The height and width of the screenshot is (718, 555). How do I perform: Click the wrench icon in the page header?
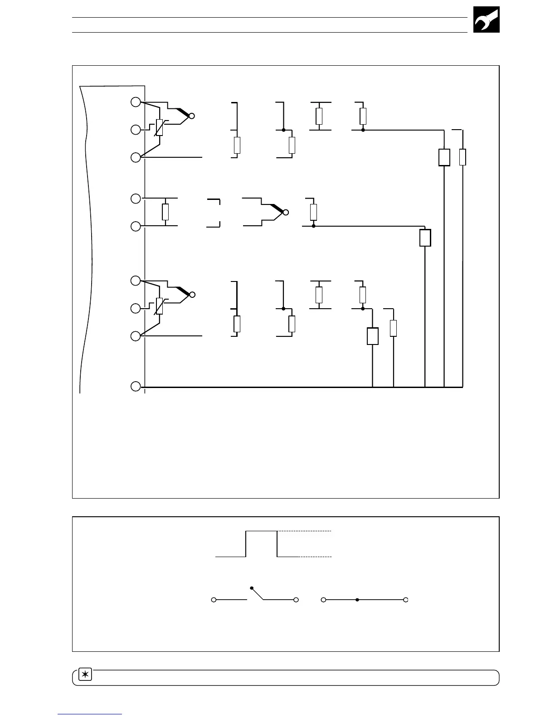coord(486,19)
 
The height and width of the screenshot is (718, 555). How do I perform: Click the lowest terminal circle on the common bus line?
coord(136,387)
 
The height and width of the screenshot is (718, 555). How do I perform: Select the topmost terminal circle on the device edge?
coord(136,102)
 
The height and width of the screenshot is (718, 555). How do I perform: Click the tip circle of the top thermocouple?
coord(192,116)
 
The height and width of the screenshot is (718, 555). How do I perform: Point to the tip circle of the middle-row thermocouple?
coord(286,212)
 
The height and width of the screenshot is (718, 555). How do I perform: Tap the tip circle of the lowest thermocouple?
coord(192,295)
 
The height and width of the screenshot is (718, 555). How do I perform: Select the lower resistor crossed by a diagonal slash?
coord(159,306)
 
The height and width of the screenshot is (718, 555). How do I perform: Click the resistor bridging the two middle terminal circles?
coord(165,212)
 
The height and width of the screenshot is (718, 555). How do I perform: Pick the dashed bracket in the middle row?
coord(214,212)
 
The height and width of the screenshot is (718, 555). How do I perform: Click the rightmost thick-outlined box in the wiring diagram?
coord(444,157)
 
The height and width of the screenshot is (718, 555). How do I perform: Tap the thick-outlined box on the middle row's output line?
coord(425,238)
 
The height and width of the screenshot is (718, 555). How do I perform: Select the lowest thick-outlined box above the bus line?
coord(372,336)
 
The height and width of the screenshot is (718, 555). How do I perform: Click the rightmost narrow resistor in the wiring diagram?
coord(462,157)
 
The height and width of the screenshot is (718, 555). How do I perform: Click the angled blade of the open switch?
coord(258,594)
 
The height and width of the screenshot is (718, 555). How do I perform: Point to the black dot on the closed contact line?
coord(357,600)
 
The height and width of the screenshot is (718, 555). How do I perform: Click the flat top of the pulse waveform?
coord(261,531)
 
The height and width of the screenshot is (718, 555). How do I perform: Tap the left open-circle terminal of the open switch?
coord(213,600)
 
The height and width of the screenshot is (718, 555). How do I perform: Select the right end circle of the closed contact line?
coord(406,600)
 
